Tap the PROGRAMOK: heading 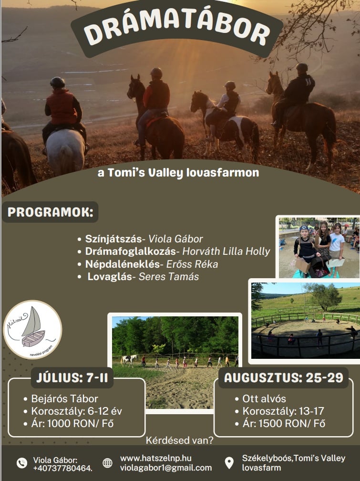[50, 212]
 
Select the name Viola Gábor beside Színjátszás [175, 239]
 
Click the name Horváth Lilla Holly [226, 251]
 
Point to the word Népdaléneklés [123, 264]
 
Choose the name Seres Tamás [169, 276]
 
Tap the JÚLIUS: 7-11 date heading [72, 377]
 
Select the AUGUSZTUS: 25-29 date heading [283, 377]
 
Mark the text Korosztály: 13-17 [283, 411]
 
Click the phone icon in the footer [22, 463]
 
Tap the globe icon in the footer [107, 463]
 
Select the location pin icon [229, 463]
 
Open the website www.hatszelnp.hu [156, 458]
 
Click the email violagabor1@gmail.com [166, 468]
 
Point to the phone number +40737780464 [63, 469]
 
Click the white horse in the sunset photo [65, 150]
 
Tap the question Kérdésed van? [179, 440]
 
